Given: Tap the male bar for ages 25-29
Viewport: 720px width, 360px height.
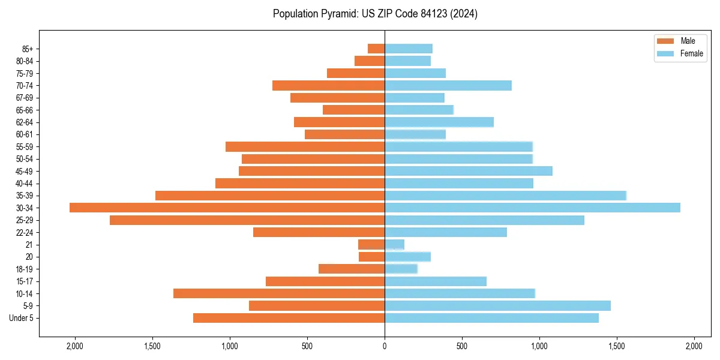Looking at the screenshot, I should (247, 220).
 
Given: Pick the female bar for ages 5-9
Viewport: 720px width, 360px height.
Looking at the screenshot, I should (497, 306).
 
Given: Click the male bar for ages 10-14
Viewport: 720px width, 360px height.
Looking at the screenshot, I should (279, 293).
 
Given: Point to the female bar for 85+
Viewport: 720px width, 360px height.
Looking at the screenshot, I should (409, 49).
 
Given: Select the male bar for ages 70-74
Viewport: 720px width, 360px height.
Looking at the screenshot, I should (328, 85).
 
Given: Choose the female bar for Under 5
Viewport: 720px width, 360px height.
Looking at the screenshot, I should (491, 318).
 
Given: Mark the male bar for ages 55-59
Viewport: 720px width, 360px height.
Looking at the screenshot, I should (305, 146).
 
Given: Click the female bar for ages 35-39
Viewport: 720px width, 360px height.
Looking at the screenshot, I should (505, 196).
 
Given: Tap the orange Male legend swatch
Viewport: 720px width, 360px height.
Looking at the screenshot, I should (666, 41).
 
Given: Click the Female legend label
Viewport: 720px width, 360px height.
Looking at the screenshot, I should (692, 53).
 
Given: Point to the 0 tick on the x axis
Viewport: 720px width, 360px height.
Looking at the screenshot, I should (385, 346).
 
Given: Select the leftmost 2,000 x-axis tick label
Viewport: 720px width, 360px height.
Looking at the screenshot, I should (75, 346).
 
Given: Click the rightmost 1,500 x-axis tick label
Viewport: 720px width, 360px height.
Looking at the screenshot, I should (617, 346).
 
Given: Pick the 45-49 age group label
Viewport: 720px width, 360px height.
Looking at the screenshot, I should (25, 171).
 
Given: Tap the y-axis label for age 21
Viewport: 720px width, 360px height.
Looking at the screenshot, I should (29, 245).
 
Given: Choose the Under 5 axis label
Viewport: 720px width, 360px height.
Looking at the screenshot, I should (22, 318).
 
